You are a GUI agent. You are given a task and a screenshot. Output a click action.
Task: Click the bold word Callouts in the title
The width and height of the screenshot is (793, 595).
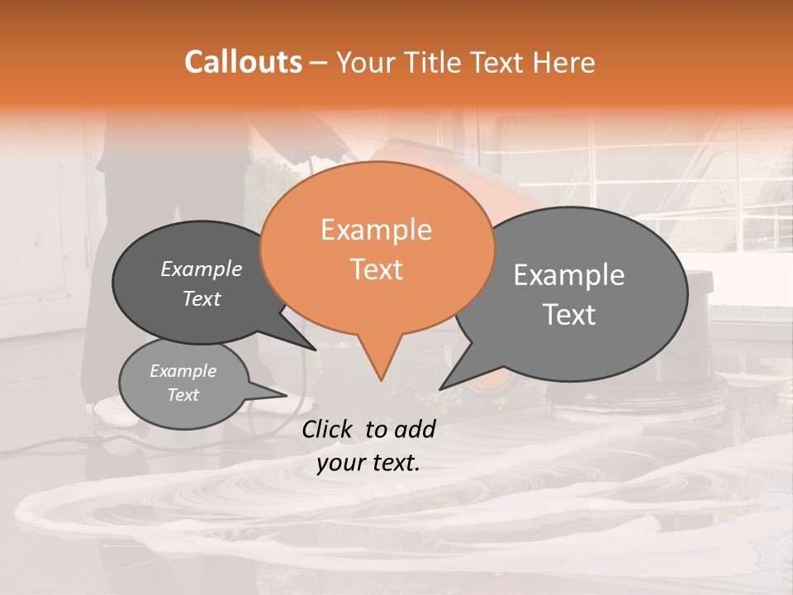[x=243, y=62]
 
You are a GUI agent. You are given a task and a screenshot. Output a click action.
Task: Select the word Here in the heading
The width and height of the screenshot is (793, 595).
[x=564, y=62]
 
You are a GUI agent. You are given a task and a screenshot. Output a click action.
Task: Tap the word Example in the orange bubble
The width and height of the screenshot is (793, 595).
[x=376, y=230]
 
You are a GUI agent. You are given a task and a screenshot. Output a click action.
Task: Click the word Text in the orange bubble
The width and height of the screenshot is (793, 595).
[x=376, y=269]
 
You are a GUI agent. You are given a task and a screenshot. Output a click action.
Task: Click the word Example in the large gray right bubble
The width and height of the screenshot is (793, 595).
[x=569, y=275]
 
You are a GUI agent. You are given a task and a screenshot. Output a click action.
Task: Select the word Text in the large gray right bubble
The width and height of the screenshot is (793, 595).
[x=569, y=315]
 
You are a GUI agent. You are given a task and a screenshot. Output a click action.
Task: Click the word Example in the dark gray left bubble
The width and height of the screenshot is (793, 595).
[x=201, y=269]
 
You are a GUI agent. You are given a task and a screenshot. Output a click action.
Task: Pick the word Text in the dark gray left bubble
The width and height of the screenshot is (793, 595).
[x=201, y=299]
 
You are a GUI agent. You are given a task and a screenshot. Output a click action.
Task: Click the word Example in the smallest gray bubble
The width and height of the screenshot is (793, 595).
[x=183, y=371]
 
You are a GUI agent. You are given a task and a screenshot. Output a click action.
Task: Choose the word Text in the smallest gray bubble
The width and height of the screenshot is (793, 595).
[x=183, y=395]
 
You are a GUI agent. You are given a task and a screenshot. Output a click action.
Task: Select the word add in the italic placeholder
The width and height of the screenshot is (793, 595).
[x=414, y=429]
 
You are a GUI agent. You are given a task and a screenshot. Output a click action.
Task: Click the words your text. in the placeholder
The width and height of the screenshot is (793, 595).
[x=368, y=463]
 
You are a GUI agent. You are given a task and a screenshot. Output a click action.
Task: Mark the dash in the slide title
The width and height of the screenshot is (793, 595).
[x=320, y=63]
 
